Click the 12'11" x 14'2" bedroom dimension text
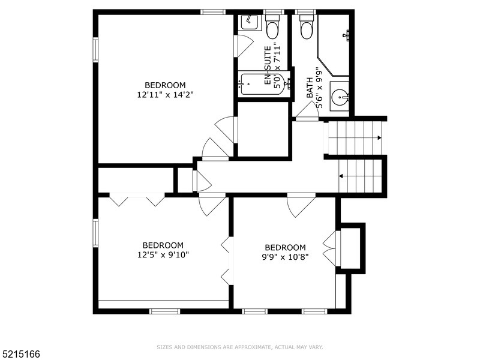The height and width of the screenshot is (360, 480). click(161, 94)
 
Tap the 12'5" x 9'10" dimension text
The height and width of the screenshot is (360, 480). click(163, 254)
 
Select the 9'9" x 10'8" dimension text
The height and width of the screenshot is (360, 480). click(285, 257)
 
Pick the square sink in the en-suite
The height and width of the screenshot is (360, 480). click(248, 23)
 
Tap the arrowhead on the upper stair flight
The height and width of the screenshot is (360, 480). click(379, 138)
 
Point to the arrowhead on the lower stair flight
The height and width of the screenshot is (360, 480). click(341, 176)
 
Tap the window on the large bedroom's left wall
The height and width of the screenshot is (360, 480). click(95, 49)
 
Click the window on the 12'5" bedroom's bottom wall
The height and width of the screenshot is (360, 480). click(164, 311)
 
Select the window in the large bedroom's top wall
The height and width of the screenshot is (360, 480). click(212, 11)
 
